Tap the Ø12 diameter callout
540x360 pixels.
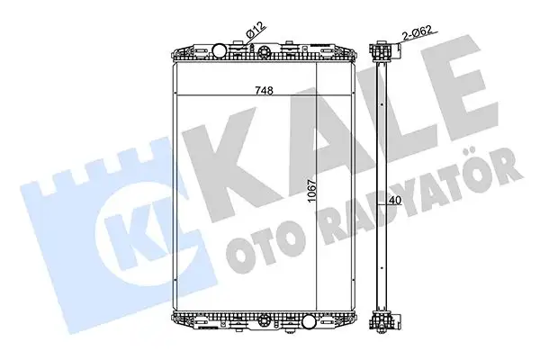tap(255, 36)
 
